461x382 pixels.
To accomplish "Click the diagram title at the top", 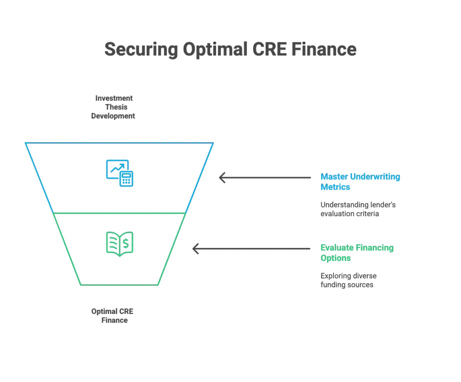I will point(230,50).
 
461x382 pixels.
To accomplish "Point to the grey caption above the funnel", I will point(113,107).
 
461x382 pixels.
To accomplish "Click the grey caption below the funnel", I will point(112,315).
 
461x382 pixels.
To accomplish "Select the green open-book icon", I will point(120,244).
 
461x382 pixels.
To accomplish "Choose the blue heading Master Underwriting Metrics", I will point(360,182).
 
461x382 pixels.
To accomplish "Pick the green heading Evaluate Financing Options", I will point(357,253).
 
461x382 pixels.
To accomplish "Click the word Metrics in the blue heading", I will point(336,187).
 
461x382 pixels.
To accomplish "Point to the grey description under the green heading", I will point(349,281).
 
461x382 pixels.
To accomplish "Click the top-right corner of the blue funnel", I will point(213,144).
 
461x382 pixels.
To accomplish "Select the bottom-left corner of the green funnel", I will point(81,285).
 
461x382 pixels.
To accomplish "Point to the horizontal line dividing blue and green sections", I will point(120,213).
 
